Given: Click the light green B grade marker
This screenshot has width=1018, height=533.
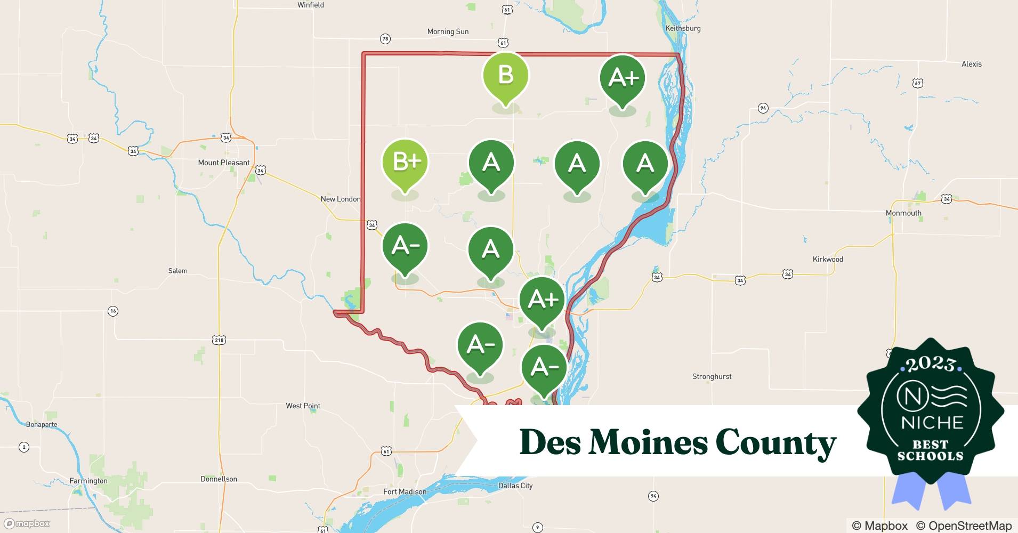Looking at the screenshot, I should pyautogui.click(x=505, y=76).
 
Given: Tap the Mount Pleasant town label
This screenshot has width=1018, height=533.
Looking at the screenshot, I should pyautogui.click(x=223, y=163).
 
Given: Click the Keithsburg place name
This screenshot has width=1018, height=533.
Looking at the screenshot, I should pyautogui.click(x=683, y=28).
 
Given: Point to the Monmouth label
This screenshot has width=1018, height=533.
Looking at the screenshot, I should pyautogui.click(x=903, y=213).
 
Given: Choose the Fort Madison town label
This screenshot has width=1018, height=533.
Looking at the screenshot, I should pyautogui.click(x=405, y=491).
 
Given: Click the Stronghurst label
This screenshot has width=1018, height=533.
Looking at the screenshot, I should pyautogui.click(x=712, y=376).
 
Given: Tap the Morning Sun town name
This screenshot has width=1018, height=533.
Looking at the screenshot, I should pyautogui.click(x=448, y=31).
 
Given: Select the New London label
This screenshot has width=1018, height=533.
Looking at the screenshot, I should pyautogui.click(x=340, y=199).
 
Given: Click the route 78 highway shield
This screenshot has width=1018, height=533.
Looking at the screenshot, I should pyautogui.click(x=385, y=39).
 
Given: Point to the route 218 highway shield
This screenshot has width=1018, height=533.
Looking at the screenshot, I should pyautogui.click(x=219, y=340).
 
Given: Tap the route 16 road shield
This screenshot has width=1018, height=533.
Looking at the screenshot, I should pyautogui.click(x=112, y=311).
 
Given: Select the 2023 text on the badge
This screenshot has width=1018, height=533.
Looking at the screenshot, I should pyautogui.click(x=931, y=365).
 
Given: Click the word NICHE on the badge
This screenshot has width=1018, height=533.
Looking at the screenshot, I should pyautogui.click(x=932, y=423).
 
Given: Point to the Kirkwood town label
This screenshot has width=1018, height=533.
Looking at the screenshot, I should pyautogui.click(x=827, y=259).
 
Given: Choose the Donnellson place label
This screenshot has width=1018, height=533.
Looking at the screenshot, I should pyautogui.click(x=219, y=479).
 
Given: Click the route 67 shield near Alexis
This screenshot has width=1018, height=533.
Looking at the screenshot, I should pyautogui.click(x=917, y=83).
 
